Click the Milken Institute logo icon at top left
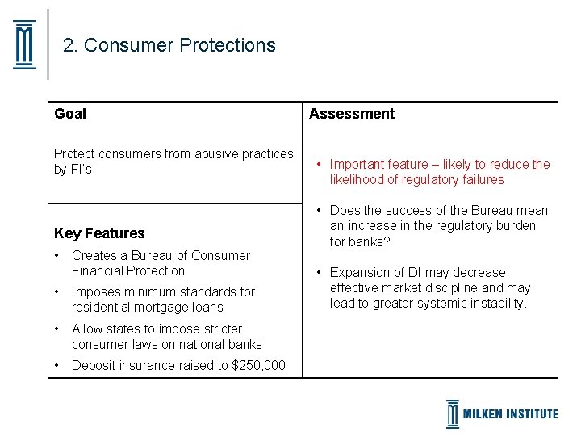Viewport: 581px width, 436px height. click(x=25, y=45)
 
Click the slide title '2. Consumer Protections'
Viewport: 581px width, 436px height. click(x=169, y=45)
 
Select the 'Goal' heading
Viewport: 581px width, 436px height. click(x=70, y=114)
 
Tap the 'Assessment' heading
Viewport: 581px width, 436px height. click(x=352, y=114)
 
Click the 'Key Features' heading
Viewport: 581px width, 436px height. click(x=99, y=233)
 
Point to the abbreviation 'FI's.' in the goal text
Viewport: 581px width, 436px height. click(x=82, y=170)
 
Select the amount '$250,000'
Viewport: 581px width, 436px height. click(x=257, y=366)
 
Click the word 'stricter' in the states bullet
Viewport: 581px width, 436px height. click(x=219, y=329)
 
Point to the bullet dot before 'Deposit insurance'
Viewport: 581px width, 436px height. click(x=57, y=366)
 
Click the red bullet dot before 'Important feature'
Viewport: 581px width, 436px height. click(x=319, y=165)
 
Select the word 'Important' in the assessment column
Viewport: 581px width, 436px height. click(x=357, y=165)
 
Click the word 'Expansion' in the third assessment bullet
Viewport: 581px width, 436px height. click(x=358, y=273)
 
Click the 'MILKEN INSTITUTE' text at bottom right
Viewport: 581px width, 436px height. click(x=510, y=413)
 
